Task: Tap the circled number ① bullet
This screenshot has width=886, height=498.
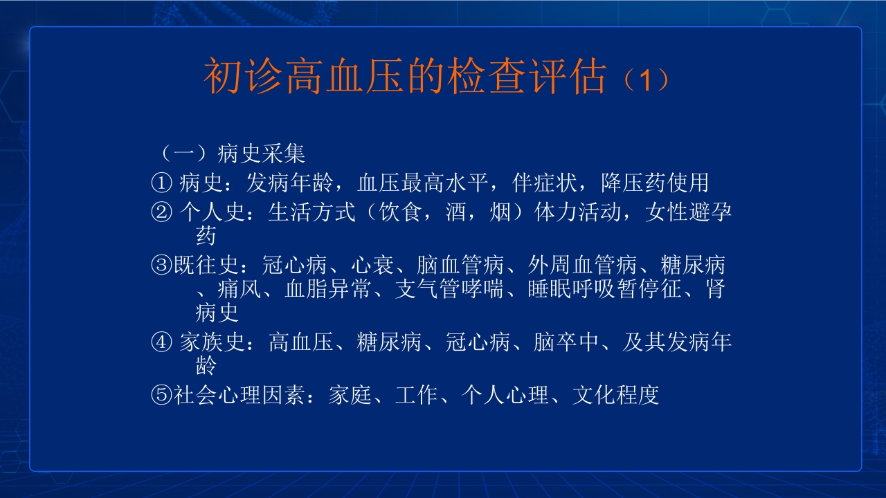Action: [x=161, y=183]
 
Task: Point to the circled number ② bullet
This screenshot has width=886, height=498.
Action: [x=161, y=212]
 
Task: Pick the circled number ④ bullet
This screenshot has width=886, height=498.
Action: [x=161, y=342]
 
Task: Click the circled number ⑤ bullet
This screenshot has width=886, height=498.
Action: [x=161, y=395]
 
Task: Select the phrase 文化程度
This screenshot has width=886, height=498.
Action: [x=615, y=395]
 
